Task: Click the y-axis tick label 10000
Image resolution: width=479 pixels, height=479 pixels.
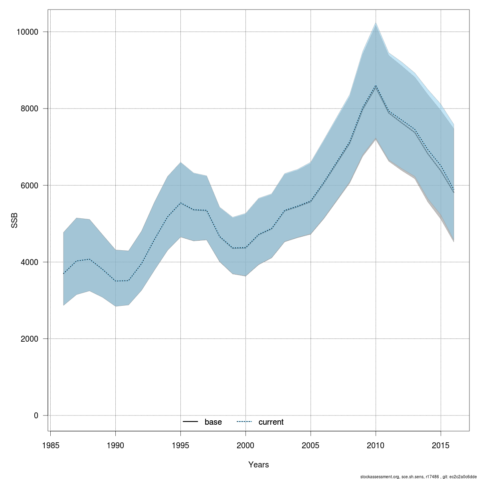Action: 27,32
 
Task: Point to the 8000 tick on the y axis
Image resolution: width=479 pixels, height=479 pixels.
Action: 29,109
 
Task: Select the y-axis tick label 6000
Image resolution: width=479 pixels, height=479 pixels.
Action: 29,186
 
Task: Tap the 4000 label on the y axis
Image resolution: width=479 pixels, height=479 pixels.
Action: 29,262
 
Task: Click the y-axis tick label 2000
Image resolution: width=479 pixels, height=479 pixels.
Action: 29,339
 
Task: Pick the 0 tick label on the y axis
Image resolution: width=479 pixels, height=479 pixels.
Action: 36,416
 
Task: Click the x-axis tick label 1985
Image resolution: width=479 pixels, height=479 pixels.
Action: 50,445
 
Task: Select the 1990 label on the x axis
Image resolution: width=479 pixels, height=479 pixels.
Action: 115,445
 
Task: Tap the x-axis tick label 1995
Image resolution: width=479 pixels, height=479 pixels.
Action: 180,445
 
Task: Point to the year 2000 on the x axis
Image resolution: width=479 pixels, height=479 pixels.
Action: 245,445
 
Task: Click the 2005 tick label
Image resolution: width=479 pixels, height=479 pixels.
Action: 311,445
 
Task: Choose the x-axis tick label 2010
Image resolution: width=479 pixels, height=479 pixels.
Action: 376,445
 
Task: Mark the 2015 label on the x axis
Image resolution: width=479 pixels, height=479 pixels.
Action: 441,445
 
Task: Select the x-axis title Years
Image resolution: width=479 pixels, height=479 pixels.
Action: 259,465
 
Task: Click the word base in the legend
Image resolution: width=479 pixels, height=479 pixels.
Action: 213,422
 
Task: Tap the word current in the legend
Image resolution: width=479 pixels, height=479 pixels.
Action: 271,422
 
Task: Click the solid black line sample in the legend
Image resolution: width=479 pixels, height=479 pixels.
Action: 191,422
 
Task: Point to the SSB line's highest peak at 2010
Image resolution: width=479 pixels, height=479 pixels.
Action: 376,86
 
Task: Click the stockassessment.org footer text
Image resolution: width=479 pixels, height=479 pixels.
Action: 419,477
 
